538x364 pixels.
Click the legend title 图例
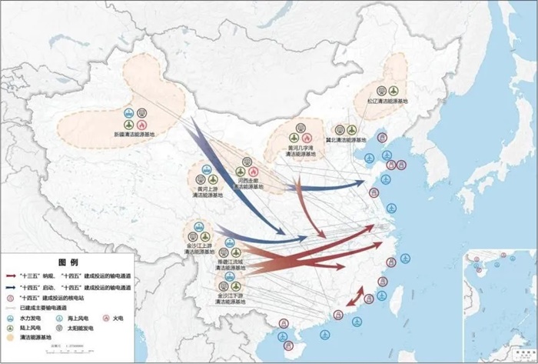[68, 263]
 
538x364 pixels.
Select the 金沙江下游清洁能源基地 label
[230, 299]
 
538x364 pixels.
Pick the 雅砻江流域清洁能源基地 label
[230, 265]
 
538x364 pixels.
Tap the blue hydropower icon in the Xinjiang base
[134, 112]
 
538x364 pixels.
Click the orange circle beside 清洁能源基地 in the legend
[10, 338]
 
